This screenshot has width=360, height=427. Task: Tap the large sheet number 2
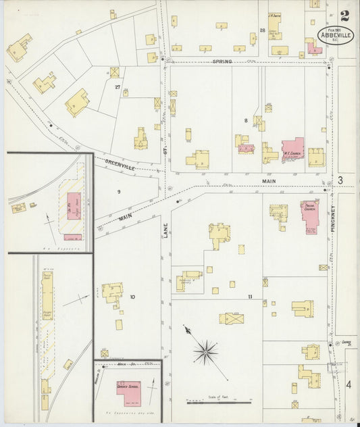[345, 16]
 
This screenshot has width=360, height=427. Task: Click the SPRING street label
[222, 61]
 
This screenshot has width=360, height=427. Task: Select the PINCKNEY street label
[333, 219]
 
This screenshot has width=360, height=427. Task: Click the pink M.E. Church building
[292, 149]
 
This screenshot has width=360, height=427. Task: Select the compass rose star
[205, 351]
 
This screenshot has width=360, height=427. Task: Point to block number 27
[118, 87]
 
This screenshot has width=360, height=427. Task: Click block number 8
[246, 120]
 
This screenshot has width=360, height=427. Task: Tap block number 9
[118, 193]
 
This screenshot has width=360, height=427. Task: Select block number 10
[132, 297]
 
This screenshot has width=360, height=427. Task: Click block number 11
[249, 297]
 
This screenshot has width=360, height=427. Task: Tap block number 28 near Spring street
[262, 30]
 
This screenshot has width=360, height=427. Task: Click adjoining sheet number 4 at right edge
[349, 384]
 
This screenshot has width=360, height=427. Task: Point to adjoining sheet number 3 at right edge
[340, 180]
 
